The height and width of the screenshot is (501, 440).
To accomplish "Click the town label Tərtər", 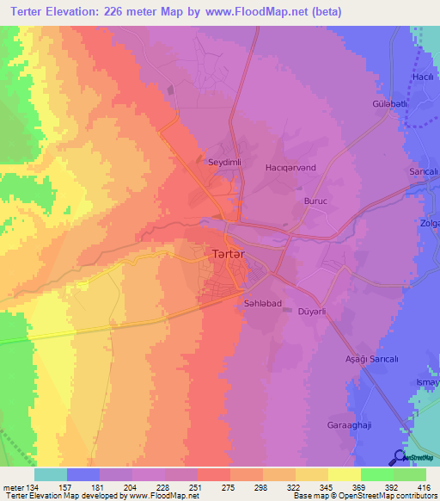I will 229,255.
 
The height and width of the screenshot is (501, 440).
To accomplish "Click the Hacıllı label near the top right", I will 422,77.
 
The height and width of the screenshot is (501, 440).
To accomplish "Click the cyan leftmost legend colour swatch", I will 51,474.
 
